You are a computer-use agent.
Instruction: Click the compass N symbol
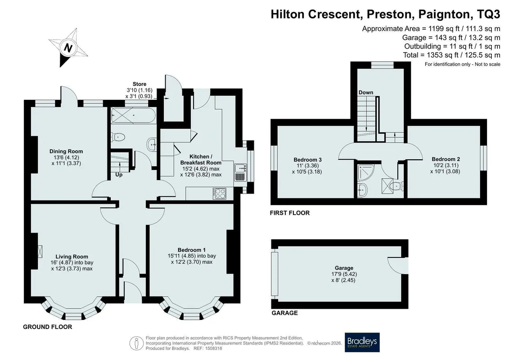pos(68,48)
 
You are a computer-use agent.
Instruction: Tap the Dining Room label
pos(66,151)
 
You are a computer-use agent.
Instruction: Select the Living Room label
pos(72,256)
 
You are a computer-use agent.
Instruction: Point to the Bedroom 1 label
pos(192,250)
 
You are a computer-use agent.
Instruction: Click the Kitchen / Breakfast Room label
pos(201,159)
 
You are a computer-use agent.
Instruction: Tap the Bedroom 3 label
pos(307,160)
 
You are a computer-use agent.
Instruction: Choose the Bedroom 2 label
pos(446,159)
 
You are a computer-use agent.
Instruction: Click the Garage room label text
pos(344,268)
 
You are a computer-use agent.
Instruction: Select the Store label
pos(139,84)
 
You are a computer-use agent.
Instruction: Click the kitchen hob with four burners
pos(220,194)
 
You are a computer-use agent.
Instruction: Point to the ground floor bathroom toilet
pos(118,137)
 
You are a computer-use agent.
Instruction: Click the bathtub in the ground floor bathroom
pos(133,115)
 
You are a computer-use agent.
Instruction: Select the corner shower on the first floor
pos(365,172)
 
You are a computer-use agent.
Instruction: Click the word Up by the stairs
pos(119,175)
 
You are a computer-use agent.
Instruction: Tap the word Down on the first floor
pos(366,93)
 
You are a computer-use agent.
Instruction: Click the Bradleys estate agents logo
pos(362,342)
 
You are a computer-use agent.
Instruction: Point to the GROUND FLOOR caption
pos(47,327)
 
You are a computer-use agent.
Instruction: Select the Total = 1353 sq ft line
pos(451,55)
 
